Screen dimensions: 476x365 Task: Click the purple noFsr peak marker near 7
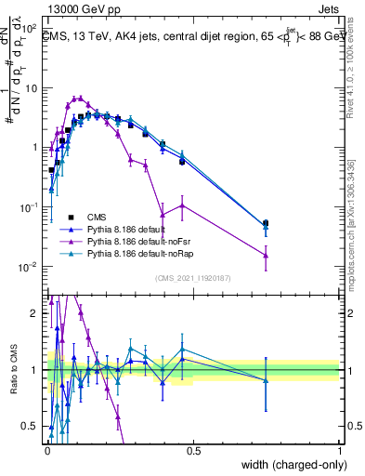point(80,98)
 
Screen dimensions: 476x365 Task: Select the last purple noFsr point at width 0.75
point(266,255)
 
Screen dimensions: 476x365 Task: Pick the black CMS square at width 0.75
point(266,223)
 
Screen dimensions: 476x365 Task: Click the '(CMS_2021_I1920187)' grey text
point(193,278)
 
